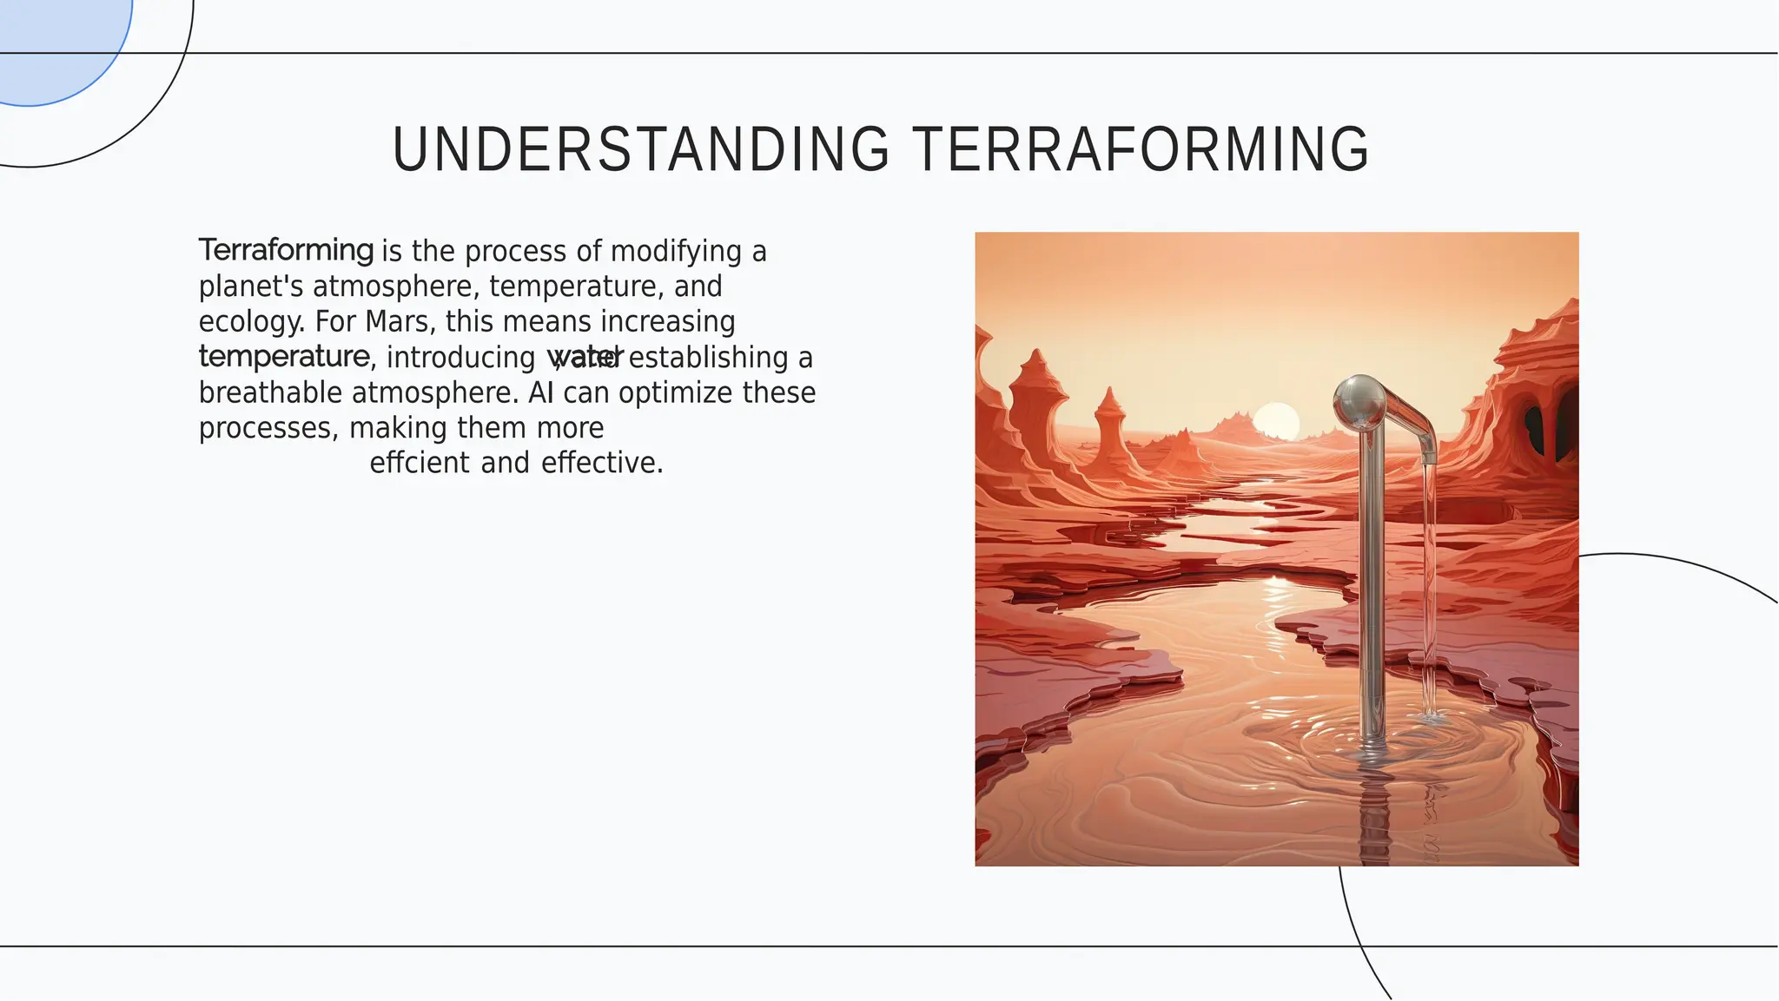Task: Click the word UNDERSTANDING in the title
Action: tap(641, 149)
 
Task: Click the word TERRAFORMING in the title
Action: tap(1141, 149)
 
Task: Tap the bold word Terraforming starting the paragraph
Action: tap(286, 250)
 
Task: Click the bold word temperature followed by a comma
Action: tap(284, 357)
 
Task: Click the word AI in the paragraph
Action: tap(540, 393)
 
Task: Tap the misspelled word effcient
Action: tap(419, 463)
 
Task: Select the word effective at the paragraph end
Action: tap(599, 463)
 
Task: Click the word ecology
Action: tap(250, 322)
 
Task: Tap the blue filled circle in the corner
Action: tap(52, 43)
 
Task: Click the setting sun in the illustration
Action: tap(1276, 422)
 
